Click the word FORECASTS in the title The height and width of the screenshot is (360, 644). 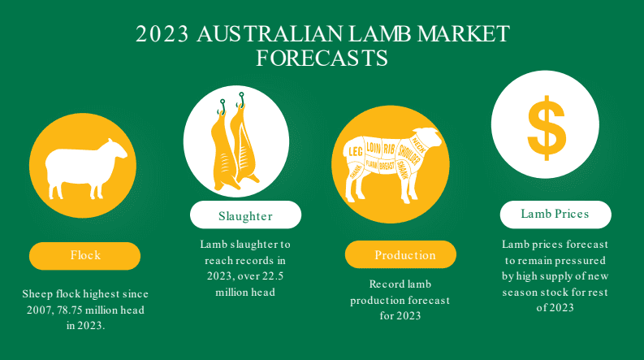(x=322, y=58)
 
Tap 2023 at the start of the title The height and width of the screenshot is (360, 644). (x=162, y=34)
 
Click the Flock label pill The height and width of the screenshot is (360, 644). (x=84, y=256)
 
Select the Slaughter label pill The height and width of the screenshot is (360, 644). (x=245, y=215)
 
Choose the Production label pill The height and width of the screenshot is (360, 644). (x=400, y=254)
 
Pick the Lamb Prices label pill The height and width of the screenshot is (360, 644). (x=555, y=215)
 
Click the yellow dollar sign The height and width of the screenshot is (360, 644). (x=547, y=128)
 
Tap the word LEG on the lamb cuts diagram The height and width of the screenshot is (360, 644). (x=355, y=152)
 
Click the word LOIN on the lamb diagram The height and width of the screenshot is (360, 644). (x=374, y=148)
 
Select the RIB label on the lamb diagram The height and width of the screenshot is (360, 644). (x=389, y=149)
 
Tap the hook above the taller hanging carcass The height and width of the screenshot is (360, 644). (x=241, y=99)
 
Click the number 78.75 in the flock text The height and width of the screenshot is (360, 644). (x=70, y=310)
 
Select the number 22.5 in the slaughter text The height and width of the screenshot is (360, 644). (x=272, y=275)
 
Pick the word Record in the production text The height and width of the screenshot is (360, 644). (x=383, y=284)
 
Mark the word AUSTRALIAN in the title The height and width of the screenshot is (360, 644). (x=270, y=34)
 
